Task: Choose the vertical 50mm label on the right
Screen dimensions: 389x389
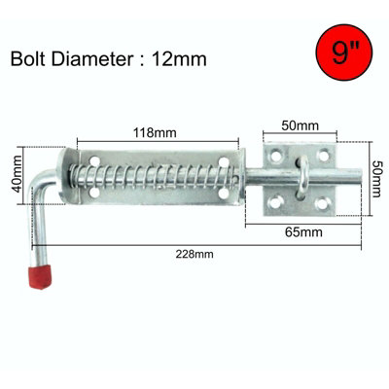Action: point(373,177)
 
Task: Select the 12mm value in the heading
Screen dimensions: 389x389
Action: point(181,58)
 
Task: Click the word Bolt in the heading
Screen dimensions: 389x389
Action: point(32,58)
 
